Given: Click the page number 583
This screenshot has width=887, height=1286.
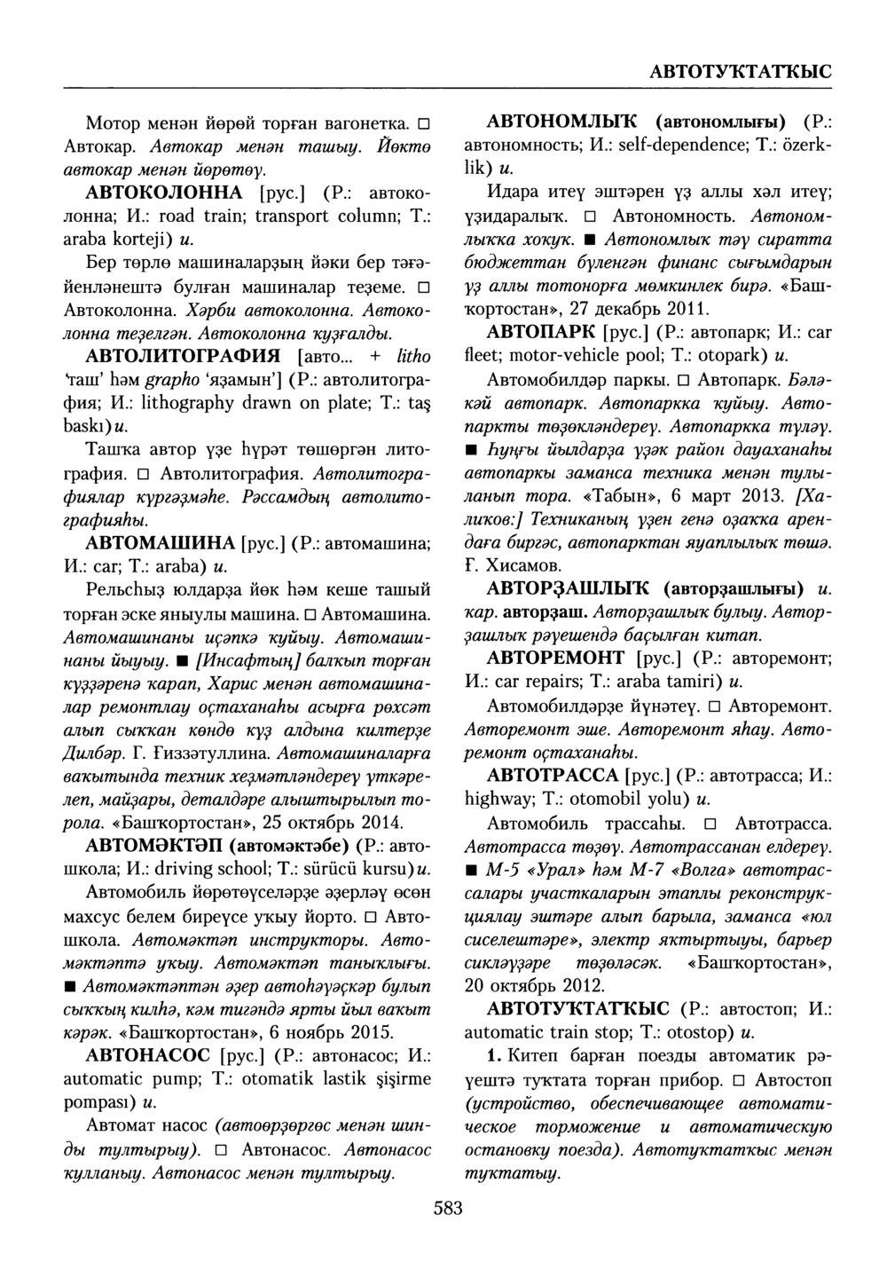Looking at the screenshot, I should coord(448,1208).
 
